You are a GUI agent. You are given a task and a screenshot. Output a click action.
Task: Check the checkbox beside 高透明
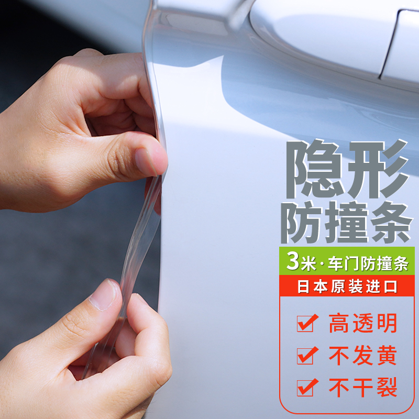(305, 324)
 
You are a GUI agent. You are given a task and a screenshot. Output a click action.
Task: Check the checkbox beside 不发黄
(305, 356)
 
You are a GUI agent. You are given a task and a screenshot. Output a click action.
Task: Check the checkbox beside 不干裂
(305, 388)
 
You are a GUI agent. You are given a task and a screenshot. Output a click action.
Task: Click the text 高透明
(363, 323)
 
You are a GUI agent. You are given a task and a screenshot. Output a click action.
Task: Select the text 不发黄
(363, 356)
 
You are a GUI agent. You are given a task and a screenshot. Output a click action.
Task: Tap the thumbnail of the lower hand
(104, 296)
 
